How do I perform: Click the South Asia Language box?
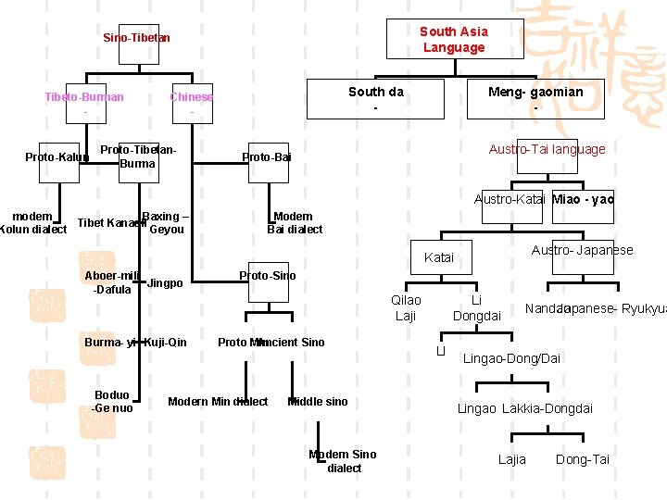pos(454,39)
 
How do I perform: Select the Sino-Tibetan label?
pos(136,38)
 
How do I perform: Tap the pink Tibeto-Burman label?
pos(84,97)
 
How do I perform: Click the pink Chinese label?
pos(191,97)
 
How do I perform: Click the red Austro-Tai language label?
pos(547,149)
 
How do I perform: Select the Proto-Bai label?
pos(267,157)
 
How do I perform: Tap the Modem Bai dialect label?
pos(295,222)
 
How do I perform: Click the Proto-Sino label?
pos(267,276)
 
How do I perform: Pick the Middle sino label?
pos(318,401)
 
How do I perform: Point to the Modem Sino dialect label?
pos(344,461)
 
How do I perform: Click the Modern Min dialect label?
pos(218,401)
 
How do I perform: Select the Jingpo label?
pos(165,283)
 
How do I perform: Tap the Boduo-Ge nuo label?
pos(112,402)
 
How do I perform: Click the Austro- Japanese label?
pos(582,250)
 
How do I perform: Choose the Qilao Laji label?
pos(406,307)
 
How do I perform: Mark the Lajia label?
pos(511,459)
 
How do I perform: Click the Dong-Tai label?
pos(582,459)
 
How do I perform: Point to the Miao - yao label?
pos(582,199)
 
